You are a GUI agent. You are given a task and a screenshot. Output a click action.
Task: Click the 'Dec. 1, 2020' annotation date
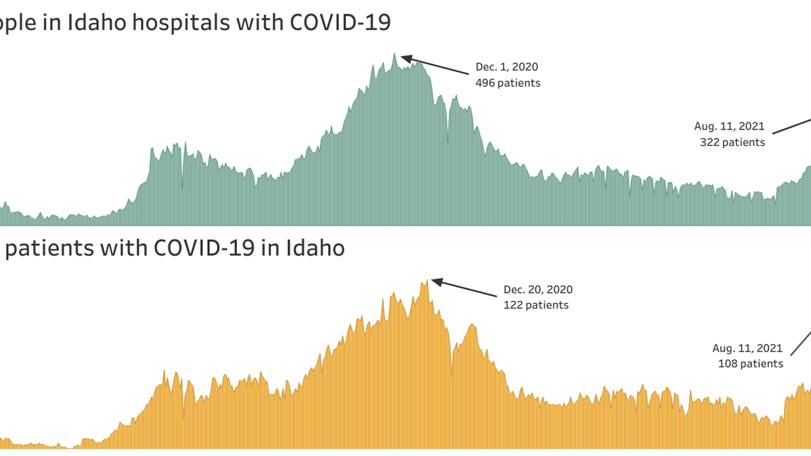[x=507, y=67]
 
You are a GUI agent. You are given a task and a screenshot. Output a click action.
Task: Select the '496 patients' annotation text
[x=508, y=83]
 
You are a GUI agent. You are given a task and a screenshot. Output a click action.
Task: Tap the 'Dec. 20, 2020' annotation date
[x=538, y=290]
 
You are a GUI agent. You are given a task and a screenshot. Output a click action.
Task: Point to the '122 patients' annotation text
[x=536, y=305]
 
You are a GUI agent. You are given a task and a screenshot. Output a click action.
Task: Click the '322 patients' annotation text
[x=732, y=142]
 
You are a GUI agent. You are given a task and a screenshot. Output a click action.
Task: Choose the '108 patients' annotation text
[x=750, y=364]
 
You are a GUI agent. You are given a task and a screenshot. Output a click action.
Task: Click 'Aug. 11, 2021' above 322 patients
[x=729, y=127]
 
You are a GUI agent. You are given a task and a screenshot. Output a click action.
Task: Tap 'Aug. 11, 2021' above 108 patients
[x=747, y=349]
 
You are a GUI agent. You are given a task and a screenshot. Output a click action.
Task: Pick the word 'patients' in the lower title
[x=50, y=248]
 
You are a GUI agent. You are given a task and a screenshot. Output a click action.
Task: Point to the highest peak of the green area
[x=395, y=53]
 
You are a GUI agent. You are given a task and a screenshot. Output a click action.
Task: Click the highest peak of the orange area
[x=427, y=280]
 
